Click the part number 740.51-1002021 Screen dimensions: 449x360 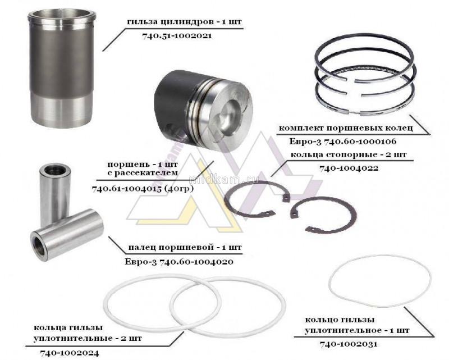pos(177,36)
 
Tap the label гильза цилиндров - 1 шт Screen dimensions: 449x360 pos(185,22)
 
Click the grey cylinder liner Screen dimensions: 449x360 pos(61,70)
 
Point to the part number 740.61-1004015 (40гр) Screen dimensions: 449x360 pos(143,189)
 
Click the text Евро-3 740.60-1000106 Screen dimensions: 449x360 pos(343,142)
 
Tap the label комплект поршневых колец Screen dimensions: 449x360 pos(346,128)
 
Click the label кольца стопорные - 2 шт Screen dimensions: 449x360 pos(349,154)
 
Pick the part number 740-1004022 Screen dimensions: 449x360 pos(349,168)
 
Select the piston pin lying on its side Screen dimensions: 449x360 pos(67,235)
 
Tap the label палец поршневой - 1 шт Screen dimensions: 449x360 pos(185,247)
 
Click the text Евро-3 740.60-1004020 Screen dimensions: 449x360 pos(179,261)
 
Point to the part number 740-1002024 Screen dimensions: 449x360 pos(70,353)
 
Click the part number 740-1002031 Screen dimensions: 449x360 pos(349,344)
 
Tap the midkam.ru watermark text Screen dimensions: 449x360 pos(224,179)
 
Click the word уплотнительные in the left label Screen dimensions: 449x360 pos(72,339)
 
